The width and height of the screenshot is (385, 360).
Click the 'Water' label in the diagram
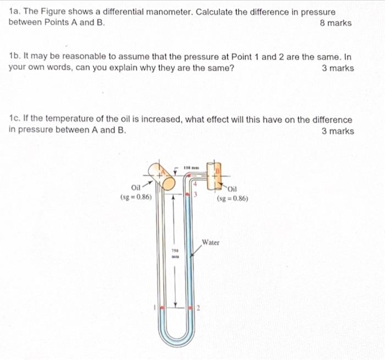click(x=211, y=242)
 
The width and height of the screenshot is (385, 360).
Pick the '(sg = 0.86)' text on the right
click(x=233, y=199)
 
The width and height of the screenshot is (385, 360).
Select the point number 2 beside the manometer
click(x=198, y=308)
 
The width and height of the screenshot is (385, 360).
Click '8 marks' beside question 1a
click(x=335, y=23)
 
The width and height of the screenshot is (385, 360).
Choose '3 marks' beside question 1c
click(x=338, y=130)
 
